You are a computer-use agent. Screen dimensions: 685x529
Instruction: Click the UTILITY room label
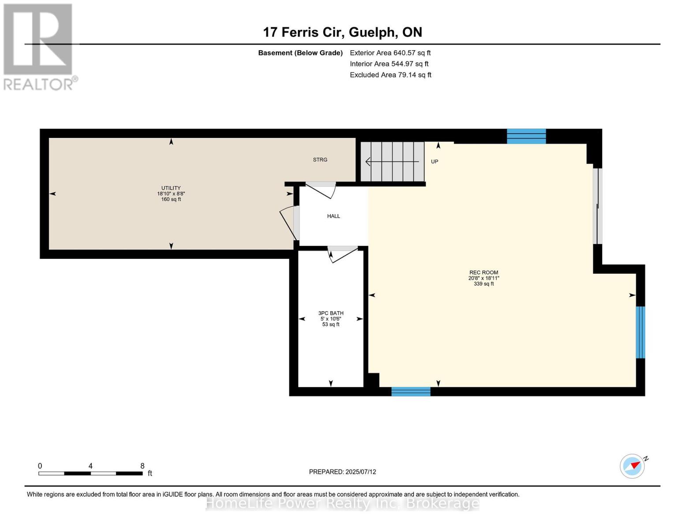(171, 188)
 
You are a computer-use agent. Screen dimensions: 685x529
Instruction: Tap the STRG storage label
(320, 160)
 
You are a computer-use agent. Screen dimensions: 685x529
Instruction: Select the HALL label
(333, 216)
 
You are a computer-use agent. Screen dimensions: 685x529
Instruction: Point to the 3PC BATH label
(331, 313)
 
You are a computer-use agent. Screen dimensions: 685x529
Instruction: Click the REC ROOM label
(483, 272)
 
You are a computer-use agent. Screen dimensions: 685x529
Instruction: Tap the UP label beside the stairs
(434, 162)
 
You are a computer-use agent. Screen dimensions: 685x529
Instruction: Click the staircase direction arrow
(392, 162)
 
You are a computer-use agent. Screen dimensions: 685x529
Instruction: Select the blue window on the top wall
(526, 136)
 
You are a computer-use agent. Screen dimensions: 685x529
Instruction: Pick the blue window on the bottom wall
(411, 391)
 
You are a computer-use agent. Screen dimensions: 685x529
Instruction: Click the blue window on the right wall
(640, 332)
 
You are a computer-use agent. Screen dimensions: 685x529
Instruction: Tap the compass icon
(633, 466)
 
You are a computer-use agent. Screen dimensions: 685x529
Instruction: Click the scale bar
(90, 473)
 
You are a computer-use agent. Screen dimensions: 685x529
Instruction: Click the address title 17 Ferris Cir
(303, 32)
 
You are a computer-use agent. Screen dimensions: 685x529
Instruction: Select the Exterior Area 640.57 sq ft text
(390, 53)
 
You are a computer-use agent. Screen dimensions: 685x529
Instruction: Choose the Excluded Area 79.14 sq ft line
(390, 75)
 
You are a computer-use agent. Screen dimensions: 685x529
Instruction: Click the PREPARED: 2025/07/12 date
(342, 472)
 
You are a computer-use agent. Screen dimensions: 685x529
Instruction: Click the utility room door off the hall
(289, 223)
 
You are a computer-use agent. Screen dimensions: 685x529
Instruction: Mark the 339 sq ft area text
(483, 284)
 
